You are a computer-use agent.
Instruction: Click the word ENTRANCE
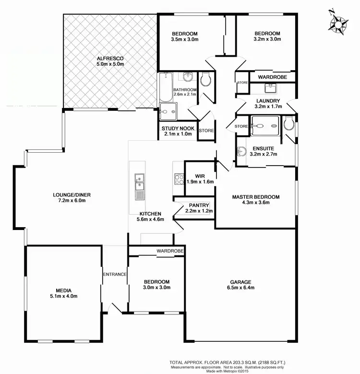pos(114,274)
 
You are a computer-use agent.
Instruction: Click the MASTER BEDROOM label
pos(255,196)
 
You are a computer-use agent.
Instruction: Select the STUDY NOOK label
pos(178,128)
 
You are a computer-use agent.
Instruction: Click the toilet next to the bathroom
pos(205,80)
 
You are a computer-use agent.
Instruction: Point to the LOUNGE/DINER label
pos(72,194)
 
